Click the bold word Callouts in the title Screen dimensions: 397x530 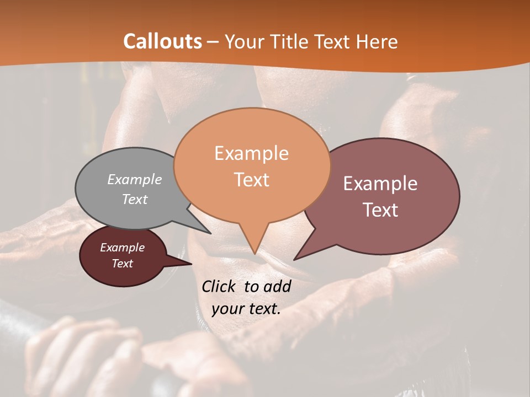tap(162, 41)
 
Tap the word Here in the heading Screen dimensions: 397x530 tap(378, 41)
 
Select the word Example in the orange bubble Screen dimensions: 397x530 tap(251, 153)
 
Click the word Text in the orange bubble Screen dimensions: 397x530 tap(251, 180)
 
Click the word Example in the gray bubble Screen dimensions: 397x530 tap(135, 179)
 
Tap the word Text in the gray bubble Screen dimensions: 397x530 tap(135, 199)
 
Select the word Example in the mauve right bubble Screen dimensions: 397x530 tap(380, 184)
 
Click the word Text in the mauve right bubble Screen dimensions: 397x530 tap(380, 210)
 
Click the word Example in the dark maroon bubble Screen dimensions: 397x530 tap(123, 248)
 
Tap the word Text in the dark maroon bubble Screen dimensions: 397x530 tap(123, 264)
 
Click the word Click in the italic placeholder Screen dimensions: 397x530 tap(220, 286)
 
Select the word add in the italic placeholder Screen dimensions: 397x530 tap(277, 286)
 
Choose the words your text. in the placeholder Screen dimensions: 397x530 tap(246, 309)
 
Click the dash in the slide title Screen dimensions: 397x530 tap(214, 42)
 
